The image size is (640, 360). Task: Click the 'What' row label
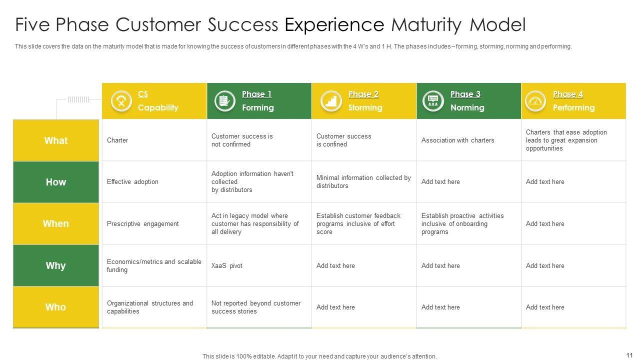pyautogui.click(x=56, y=140)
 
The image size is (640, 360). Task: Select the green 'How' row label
pyautogui.click(x=56, y=182)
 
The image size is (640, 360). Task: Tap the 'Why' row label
pyautogui.click(x=56, y=265)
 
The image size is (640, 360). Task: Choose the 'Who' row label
pyautogui.click(x=56, y=307)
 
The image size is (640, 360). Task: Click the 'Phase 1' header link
pyautogui.click(x=256, y=94)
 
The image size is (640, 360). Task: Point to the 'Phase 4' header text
pyautogui.click(x=567, y=94)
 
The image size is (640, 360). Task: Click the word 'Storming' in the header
pyautogui.click(x=365, y=107)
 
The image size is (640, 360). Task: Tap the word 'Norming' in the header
pyautogui.click(x=467, y=107)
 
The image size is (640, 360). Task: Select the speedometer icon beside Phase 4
pyautogui.click(x=535, y=101)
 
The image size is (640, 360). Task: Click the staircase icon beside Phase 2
pyautogui.click(x=330, y=101)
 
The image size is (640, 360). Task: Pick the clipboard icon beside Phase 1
pyautogui.click(x=224, y=101)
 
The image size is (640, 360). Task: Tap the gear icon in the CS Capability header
pyautogui.click(x=121, y=101)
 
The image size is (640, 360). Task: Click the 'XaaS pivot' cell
pyautogui.click(x=227, y=265)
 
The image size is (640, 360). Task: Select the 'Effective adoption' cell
pyautogui.click(x=132, y=182)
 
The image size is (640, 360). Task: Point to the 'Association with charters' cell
pyautogui.click(x=457, y=140)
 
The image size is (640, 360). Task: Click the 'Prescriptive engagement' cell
pyautogui.click(x=142, y=223)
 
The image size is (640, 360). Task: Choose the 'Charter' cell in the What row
pyautogui.click(x=117, y=140)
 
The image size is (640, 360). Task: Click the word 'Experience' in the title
pyautogui.click(x=334, y=24)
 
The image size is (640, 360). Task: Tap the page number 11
pyautogui.click(x=629, y=355)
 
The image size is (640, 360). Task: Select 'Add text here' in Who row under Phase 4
pyautogui.click(x=545, y=307)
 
